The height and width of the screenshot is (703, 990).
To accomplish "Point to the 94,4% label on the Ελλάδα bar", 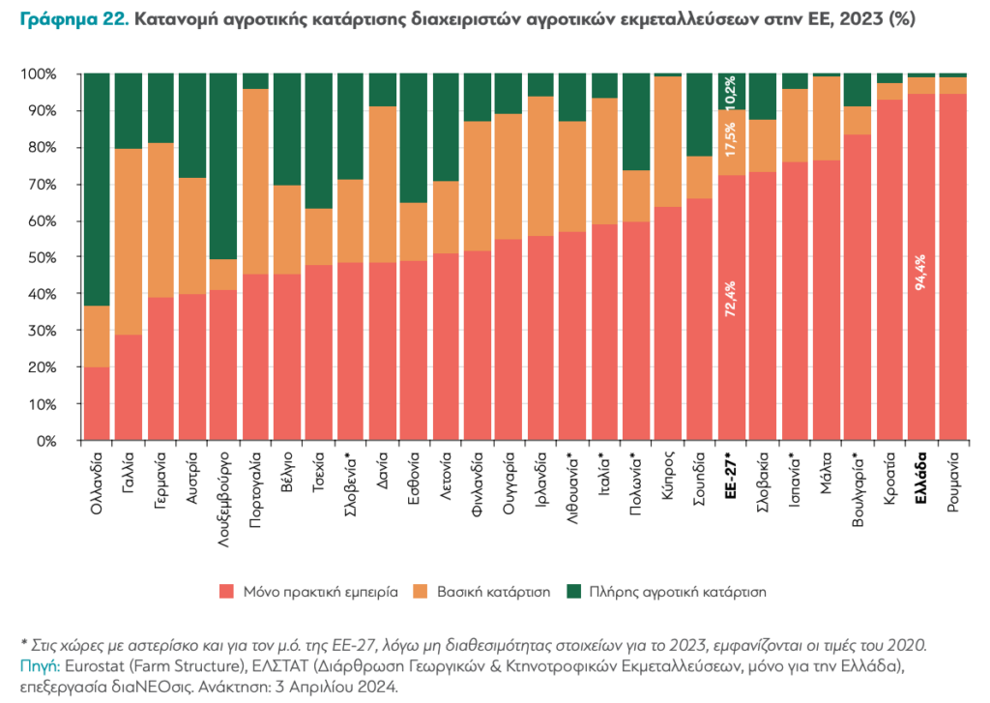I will tap(921, 300).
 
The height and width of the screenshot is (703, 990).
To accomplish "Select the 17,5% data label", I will tap(731, 141).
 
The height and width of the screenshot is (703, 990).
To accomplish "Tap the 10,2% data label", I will tap(731, 91).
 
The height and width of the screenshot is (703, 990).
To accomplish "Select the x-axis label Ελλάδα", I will tap(921, 477).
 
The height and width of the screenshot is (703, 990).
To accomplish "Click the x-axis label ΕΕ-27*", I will tap(731, 474).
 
